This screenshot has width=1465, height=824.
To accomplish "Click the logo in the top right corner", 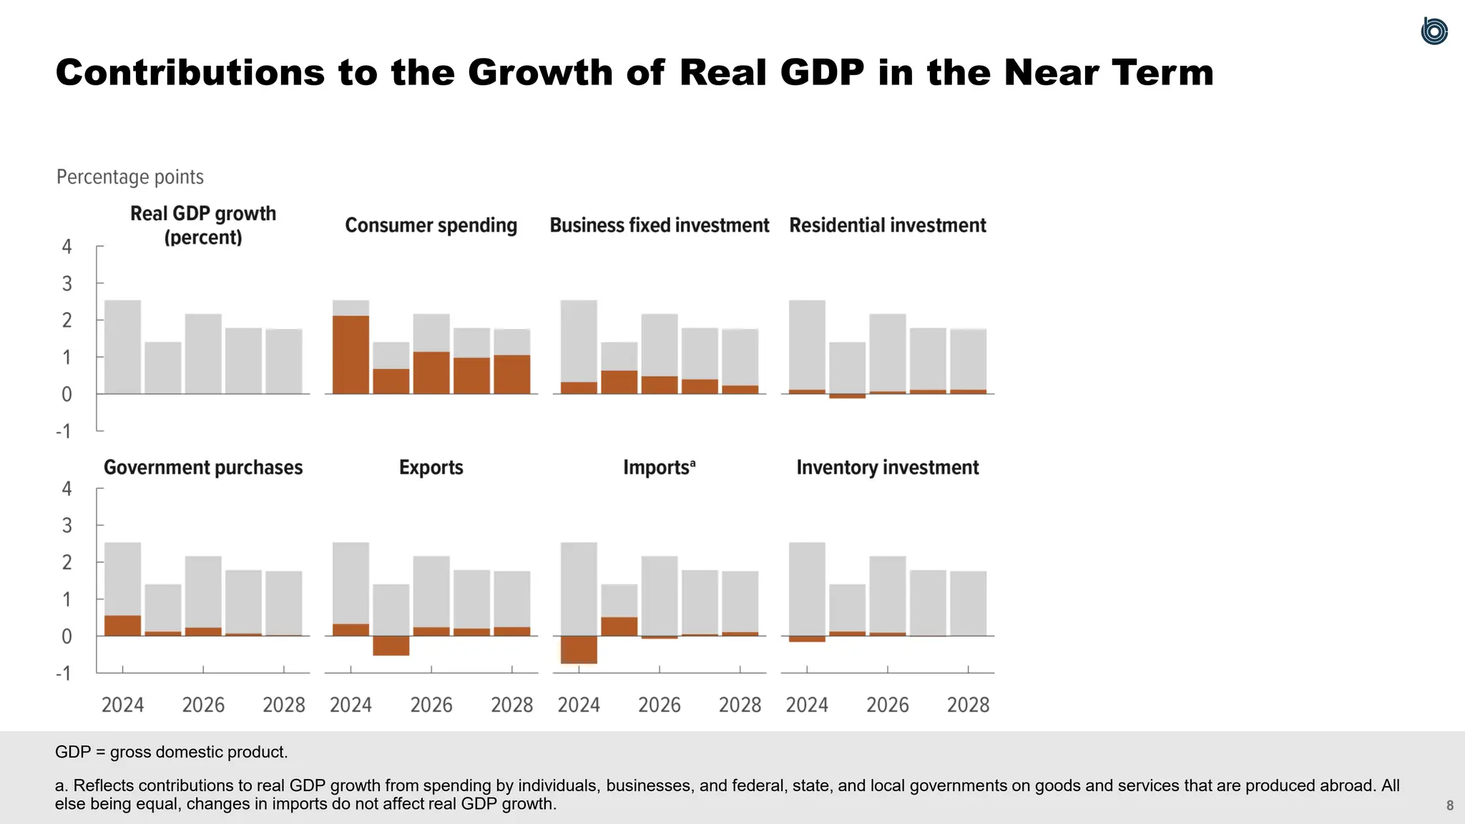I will [1434, 31].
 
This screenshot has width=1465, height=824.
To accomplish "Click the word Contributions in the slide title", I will [190, 73].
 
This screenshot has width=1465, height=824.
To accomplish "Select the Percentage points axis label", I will [129, 177].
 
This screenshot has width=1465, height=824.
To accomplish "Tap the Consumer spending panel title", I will [431, 225].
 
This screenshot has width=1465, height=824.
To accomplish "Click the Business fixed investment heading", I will [659, 225].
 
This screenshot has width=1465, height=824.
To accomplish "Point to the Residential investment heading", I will [887, 225].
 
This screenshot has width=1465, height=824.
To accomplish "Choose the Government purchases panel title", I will [203, 468].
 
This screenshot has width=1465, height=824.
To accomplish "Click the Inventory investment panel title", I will [887, 468].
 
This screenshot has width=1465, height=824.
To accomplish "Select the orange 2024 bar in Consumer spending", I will [351, 355].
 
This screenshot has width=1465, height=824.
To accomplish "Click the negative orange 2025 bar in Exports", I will [391, 645].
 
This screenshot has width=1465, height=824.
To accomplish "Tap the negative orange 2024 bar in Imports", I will [579, 649].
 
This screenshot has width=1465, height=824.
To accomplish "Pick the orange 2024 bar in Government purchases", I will [122, 626].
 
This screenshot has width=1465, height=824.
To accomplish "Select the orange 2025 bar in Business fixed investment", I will [619, 382].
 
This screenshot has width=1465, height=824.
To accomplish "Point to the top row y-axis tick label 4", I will [67, 247].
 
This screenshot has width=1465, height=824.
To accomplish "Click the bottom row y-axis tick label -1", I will [64, 673].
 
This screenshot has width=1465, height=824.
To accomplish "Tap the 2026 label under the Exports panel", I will [431, 705].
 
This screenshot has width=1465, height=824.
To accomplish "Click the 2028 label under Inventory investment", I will [968, 705].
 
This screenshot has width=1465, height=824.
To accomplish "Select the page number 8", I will [1449, 805].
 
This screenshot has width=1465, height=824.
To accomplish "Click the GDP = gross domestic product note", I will [171, 752].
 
